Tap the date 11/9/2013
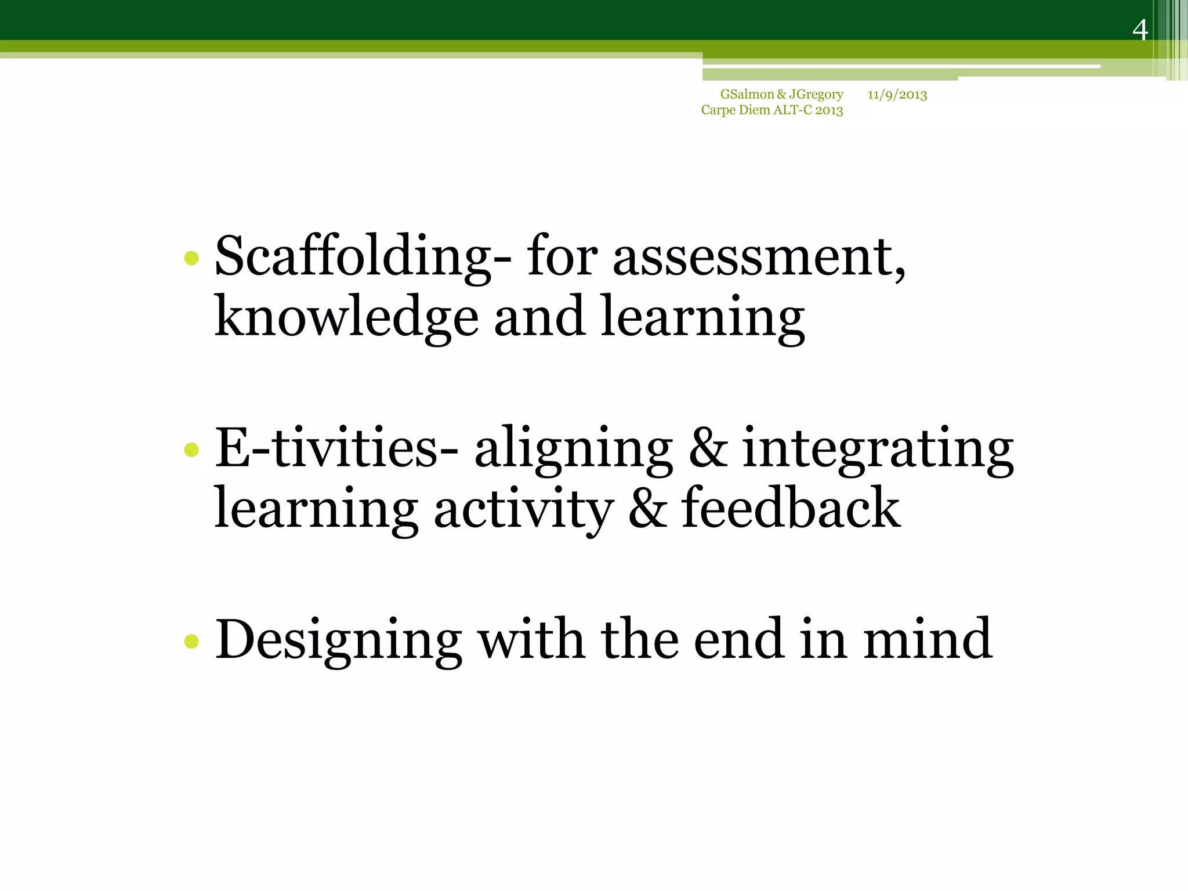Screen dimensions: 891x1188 [x=897, y=95]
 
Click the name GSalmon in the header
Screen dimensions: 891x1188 [x=747, y=94]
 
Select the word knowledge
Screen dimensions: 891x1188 [x=346, y=317]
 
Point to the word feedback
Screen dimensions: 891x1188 [x=791, y=508]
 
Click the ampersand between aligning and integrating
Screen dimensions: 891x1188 [x=708, y=447]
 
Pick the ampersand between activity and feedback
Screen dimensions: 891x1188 [x=647, y=508]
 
